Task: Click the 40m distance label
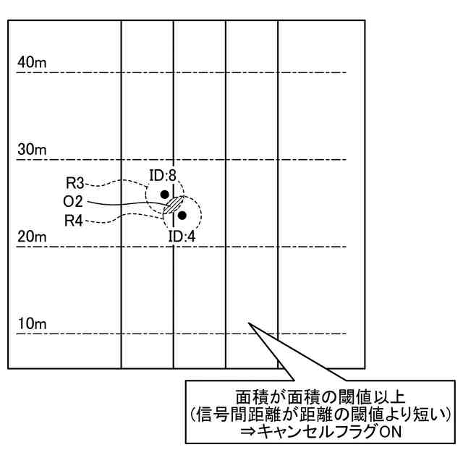(x=32, y=64)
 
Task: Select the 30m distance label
(x=32, y=150)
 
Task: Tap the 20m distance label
(x=32, y=237)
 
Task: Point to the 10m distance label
(x=32, y=324)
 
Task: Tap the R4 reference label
(x=75, y=220)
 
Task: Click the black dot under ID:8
(x=165, y=194)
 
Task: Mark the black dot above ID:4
(x=182, y=215)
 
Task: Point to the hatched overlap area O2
(x=172, y=205)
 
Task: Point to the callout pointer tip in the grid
(x=250, y=323)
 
